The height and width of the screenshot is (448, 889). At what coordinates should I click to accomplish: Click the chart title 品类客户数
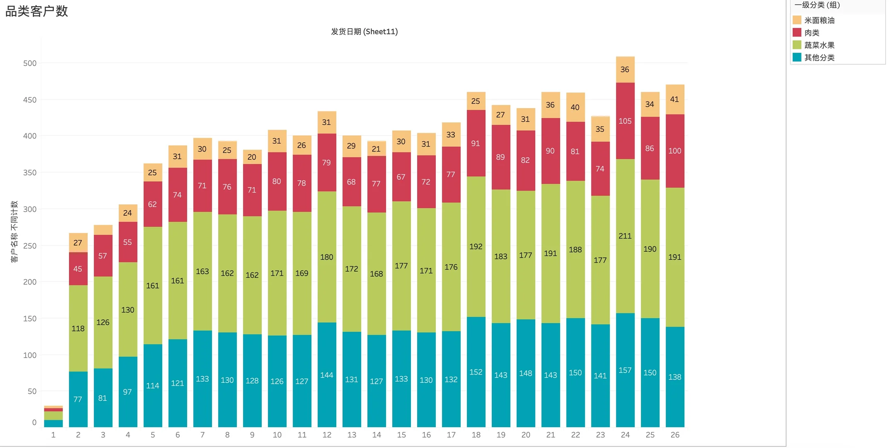point(37,11)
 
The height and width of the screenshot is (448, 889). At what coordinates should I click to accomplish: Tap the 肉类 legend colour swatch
point(796,32)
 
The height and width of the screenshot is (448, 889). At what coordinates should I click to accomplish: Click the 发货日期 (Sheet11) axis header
point(364,32)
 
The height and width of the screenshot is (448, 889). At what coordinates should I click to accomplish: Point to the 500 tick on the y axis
point(30,63)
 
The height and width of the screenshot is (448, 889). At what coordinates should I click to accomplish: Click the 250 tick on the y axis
point(30,246)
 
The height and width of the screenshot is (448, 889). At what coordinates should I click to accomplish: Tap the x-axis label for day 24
point(625,435)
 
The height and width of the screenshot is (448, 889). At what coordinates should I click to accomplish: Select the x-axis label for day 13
point(352,435)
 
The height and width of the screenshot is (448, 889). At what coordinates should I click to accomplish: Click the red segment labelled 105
point(625,121)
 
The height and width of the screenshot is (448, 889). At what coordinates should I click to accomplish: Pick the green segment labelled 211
point(625,236)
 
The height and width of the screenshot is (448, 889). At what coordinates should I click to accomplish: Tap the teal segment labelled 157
point(625,370)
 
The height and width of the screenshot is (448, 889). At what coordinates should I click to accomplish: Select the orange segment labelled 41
point(675,99)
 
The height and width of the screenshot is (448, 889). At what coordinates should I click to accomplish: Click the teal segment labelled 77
point(78,399)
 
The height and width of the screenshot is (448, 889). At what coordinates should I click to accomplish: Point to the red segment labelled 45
point(78,269)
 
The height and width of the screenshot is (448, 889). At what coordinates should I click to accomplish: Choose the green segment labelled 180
point(327,257)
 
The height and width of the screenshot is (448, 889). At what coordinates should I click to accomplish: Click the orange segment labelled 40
point(575,107)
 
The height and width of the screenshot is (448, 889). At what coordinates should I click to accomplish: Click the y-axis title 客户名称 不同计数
point(14,231)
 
